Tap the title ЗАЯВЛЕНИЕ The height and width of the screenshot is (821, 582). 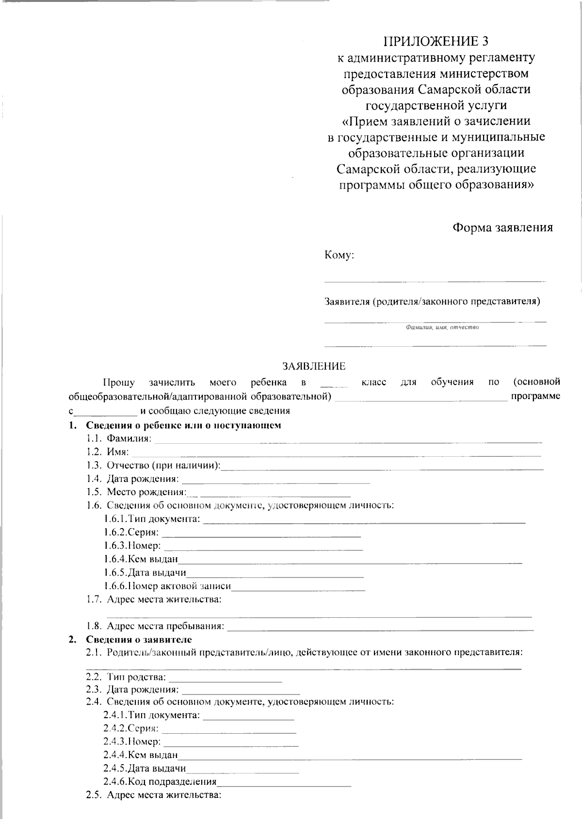tap(314, 366)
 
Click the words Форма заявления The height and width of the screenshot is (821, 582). tap(502, 227)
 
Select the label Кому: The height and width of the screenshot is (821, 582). tap(339, 255)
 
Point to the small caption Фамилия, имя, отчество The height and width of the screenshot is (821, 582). tap(442, 327)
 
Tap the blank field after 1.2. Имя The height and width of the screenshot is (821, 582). tap(336, 455)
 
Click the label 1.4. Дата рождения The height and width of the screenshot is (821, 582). tap(133, 479)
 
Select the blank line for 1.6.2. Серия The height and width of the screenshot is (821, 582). tap(261, 535)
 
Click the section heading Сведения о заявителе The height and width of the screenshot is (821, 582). tap(139, 639)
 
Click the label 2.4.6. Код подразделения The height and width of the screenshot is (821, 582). tap(160, 781)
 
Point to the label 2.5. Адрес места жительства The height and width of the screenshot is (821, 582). tap(154, 795)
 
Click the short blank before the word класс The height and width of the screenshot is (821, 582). tap(334, 386)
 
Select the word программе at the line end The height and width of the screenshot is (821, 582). tap(536, 396)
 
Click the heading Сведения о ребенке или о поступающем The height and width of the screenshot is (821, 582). tap(183, 425)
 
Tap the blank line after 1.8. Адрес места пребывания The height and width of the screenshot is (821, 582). tap(380, 629)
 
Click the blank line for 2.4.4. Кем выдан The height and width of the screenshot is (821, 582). tap(350, 757)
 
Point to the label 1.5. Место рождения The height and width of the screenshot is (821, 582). tap(137, 492)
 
